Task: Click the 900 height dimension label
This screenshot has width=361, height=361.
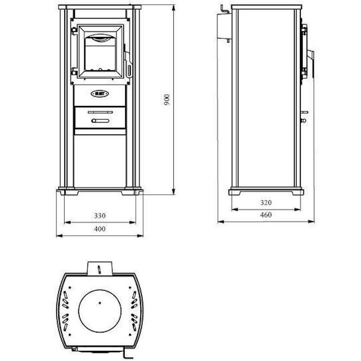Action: (168, 99)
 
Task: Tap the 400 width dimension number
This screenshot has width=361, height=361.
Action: (99, 229)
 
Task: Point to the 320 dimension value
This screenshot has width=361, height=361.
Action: (265, 202)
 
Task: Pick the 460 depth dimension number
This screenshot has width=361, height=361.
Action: (265, 215)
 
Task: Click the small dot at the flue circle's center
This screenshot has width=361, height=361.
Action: (99, 302)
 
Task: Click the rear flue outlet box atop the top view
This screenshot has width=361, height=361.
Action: (99, 268)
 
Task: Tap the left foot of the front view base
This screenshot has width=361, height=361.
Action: (67, 191)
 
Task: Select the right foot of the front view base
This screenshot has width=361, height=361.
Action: (134, 191)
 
